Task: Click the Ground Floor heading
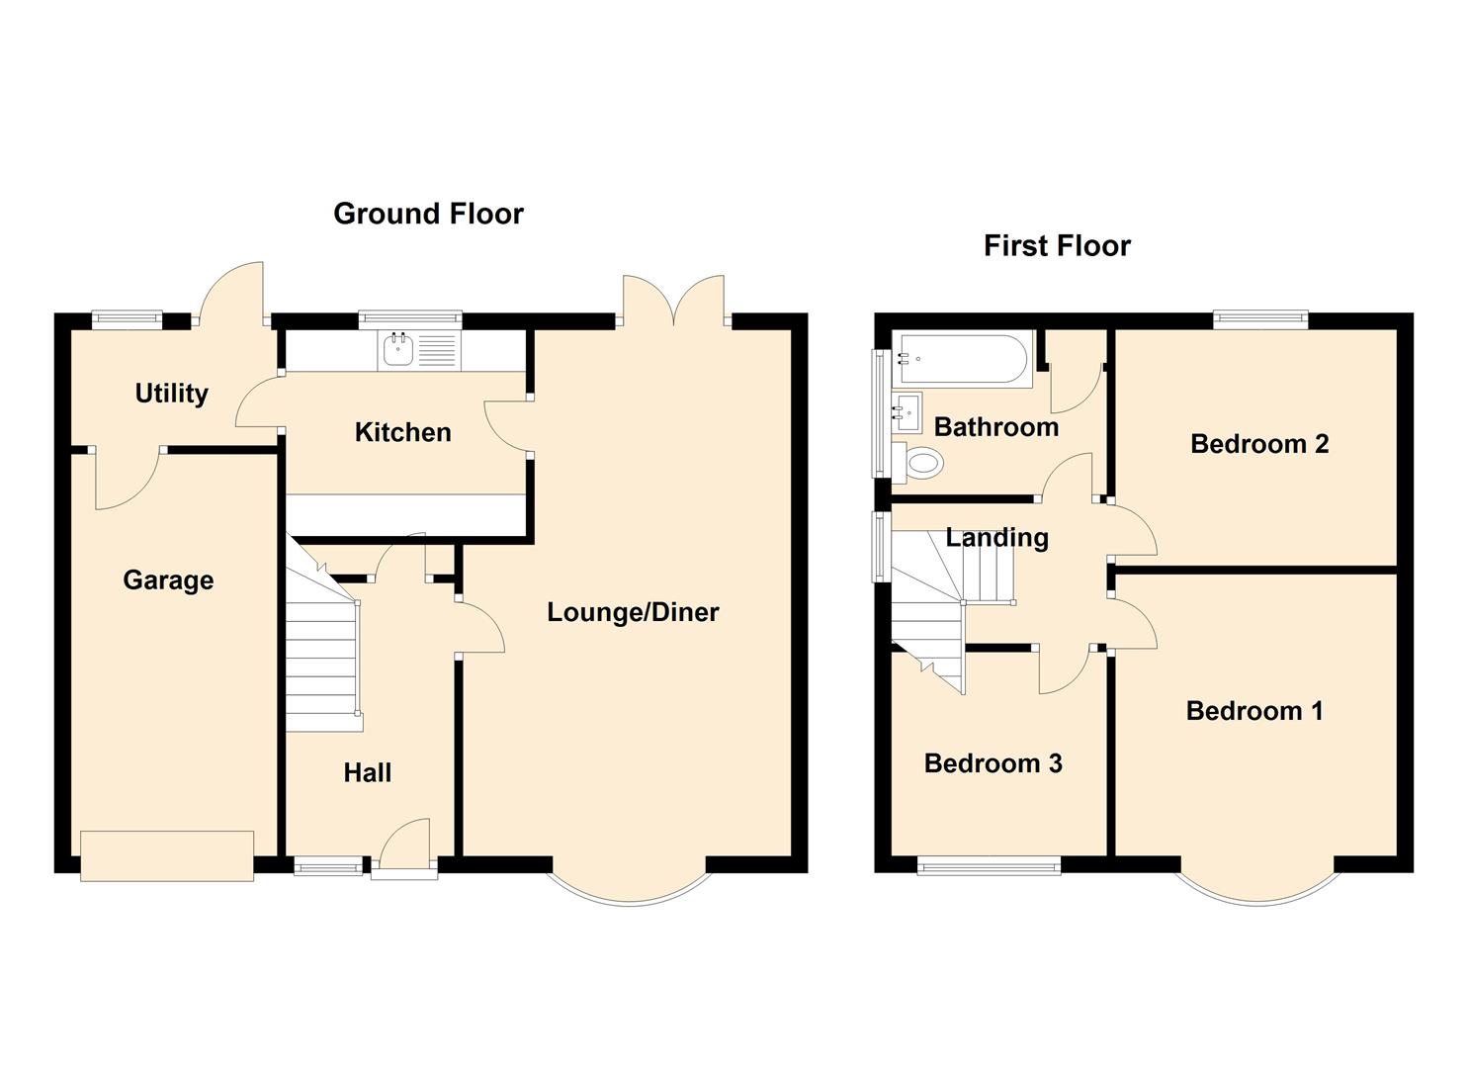click(x=428, y=214)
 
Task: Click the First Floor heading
click(x=1057, y=245)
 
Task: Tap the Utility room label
click(x=171, y=394)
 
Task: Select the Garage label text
click(x=168, y=579)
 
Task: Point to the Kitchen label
click(x=402, y=432)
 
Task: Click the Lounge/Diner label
click(x=633, y=612)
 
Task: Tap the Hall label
click(x=367, y=772)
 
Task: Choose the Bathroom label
click(x=995, y=427)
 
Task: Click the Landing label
click(x=996, y=538)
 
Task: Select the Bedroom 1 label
click(x=1253, y=711)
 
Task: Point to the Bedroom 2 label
click(x=1258, y=444)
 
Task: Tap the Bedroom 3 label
click(x=993, y=763)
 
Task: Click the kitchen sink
click(x=399, y=350)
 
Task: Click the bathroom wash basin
click(x=907, y=407)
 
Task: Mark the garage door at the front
click(x=167, y=855)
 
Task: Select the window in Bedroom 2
click(x=1260, y=319)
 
